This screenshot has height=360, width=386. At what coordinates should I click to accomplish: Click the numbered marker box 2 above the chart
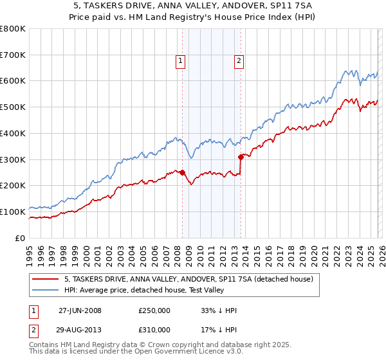pos(239,61)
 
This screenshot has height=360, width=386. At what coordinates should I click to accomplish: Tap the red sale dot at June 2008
pos(182,172)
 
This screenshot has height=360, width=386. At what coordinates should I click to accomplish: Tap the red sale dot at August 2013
pos(241,156)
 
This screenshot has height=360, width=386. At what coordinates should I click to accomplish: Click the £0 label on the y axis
pos(21,238)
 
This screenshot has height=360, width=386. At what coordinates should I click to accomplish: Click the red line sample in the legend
pos(46,279)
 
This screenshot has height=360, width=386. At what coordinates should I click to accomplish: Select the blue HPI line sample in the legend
pos(46,291)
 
